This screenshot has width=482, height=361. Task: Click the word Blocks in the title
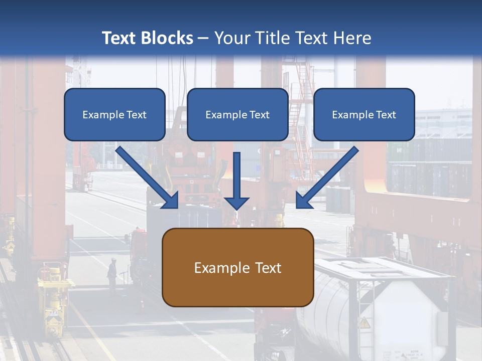coord(167,38)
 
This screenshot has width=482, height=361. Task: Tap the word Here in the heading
coord(352,38)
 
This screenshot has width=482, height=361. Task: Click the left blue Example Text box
coord(114,114)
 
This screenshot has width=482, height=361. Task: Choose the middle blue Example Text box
coord(237,114)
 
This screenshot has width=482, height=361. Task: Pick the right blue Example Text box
coord(365,114)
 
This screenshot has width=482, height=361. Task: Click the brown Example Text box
coord(238,267)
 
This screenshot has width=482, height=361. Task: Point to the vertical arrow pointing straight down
coord(236,181)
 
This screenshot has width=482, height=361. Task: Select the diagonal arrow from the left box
coord(147,177)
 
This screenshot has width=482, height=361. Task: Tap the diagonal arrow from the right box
coord(327,177)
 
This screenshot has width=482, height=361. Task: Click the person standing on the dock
coord(112,275)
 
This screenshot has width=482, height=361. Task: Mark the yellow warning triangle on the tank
coord(365,323)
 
